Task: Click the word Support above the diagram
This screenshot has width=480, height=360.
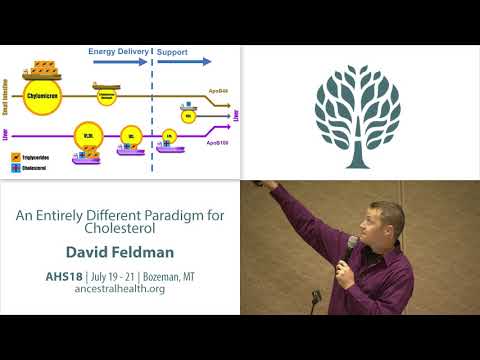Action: [x=172, y=51]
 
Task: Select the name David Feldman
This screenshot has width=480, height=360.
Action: [x=120, y=250]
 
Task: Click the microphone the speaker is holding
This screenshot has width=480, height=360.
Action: [x=352, y=244]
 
